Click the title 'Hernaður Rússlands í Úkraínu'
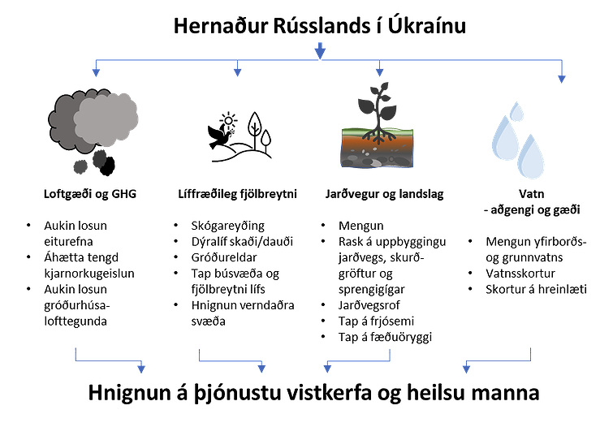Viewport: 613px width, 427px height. pyautogui.click(x=319, y=25)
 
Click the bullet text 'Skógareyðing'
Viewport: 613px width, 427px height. pyautogui.click(x=228, y=225)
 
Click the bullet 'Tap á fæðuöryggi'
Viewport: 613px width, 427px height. pyautogui.click(x=384, y=336)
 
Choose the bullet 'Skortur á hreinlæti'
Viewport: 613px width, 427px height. pyautogui.click(x=537, y=289)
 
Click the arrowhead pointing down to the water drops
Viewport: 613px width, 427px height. pyautogui.click(x=562, y=78)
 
